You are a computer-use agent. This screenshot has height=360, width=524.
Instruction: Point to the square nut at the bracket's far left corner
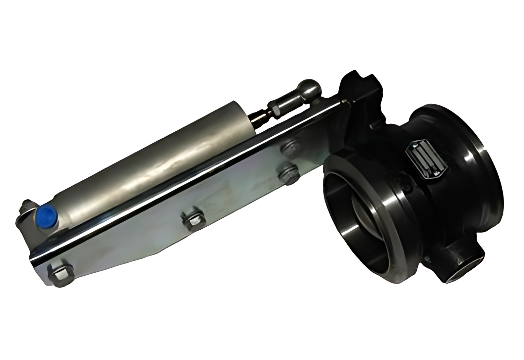[x=60, y=273]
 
